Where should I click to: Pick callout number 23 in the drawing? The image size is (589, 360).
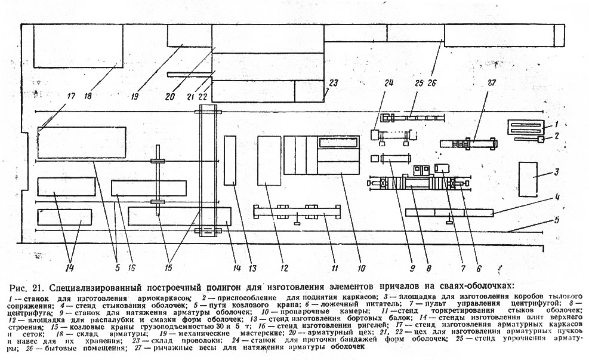pos(332,83)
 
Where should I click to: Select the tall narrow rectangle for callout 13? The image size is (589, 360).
pos(230,160)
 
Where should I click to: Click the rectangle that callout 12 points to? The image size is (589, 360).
pos(269,160)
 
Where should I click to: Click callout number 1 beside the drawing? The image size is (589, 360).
pos(555,124)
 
